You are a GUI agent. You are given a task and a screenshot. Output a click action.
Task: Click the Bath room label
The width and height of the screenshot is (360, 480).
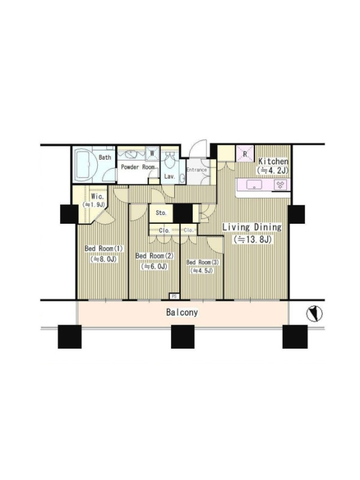[104, 157]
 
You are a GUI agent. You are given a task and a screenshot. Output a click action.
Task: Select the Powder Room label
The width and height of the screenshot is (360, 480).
[137, 167]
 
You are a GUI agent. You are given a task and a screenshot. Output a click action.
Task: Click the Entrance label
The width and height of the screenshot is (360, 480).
[197, 170]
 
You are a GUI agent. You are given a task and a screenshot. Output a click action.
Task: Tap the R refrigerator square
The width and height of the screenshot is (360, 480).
[245, 154]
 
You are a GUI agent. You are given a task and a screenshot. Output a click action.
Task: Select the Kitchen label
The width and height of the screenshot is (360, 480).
[274, 161]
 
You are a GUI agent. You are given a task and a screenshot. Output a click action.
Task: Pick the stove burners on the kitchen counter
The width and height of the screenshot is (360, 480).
[280, 185]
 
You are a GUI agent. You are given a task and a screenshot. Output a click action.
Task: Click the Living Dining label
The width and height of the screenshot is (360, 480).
[252, 227]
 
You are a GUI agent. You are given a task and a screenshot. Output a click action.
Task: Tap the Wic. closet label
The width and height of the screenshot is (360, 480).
[98, 197]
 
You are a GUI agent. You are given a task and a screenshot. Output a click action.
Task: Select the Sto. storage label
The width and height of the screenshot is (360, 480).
[161, 213]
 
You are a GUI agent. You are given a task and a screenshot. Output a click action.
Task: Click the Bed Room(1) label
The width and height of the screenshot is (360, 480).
[103, 248]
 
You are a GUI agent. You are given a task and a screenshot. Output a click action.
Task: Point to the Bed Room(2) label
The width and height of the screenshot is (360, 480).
[155, 256]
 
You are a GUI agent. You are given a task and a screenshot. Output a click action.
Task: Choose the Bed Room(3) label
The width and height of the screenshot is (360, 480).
[203, 262]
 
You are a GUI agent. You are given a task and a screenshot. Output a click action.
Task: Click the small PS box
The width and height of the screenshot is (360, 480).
[175, 296]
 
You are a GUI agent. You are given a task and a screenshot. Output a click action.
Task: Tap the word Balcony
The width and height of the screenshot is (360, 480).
[182, 312]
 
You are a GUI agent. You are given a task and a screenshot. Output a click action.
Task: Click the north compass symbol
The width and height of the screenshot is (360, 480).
[314, 314]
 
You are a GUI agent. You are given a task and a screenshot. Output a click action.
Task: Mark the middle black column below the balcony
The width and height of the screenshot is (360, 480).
[182, 337]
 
